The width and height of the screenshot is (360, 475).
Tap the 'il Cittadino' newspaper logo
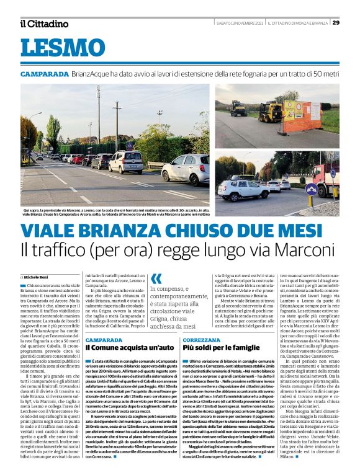[x=44, y=24]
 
